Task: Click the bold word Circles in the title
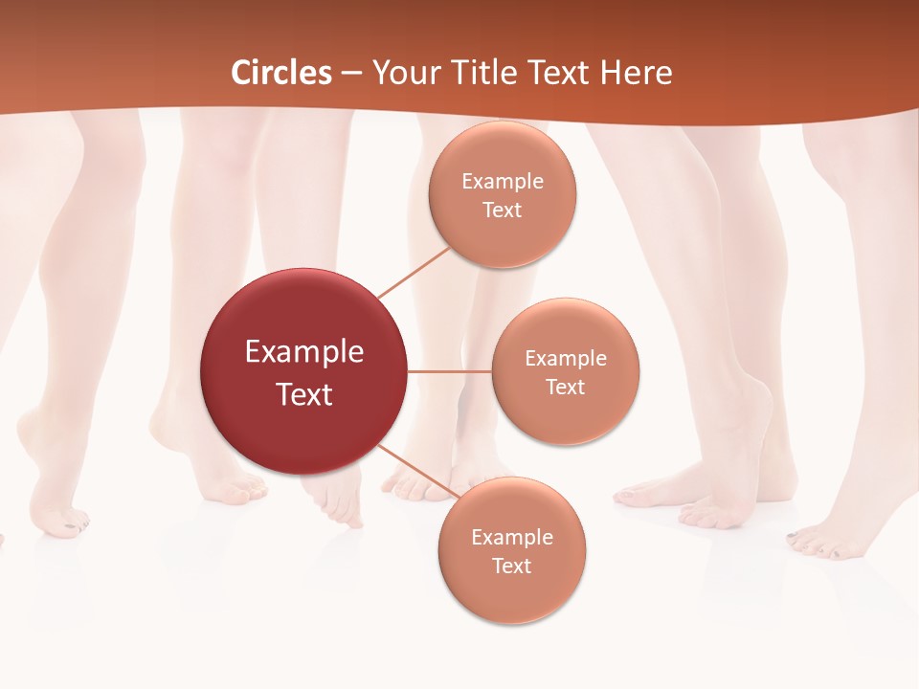pyautogui.click(x=280, y=73)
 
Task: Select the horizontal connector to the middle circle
pyautogui.click(x=449, y=371)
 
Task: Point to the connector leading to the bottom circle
pyautogui.click(x=414, y=471)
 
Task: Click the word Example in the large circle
pyautogui.click(x=304, y=351)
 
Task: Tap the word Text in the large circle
pyautogui.click(x=304, y=393)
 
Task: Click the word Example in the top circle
pyautogui.click(x=503, y=182)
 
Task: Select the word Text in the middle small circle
pyautogui.click(x=565, y=387)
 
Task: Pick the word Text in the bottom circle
pyautogui.click(x=511, y=566)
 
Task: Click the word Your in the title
pyautogui.click(x=405, y=73)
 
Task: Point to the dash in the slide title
pyautogui.click(x=351, y=73)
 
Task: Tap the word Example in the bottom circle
pyautogui.click(x=511, y=538)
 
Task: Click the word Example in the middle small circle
pyautogui.click(x=565, y=359)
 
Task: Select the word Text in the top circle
pyautogui.click(x=503, y=210)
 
